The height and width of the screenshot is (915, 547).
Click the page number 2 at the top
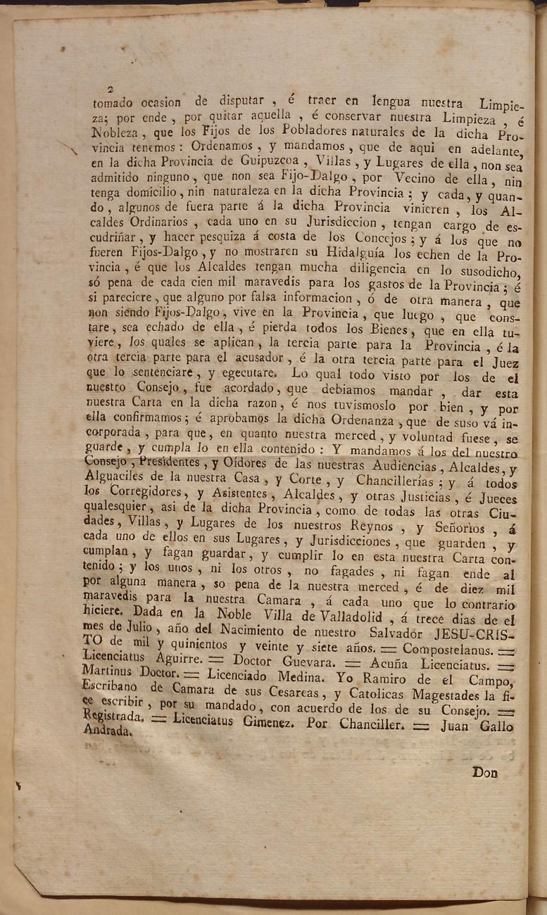111,89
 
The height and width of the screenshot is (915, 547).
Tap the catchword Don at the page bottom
485,772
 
